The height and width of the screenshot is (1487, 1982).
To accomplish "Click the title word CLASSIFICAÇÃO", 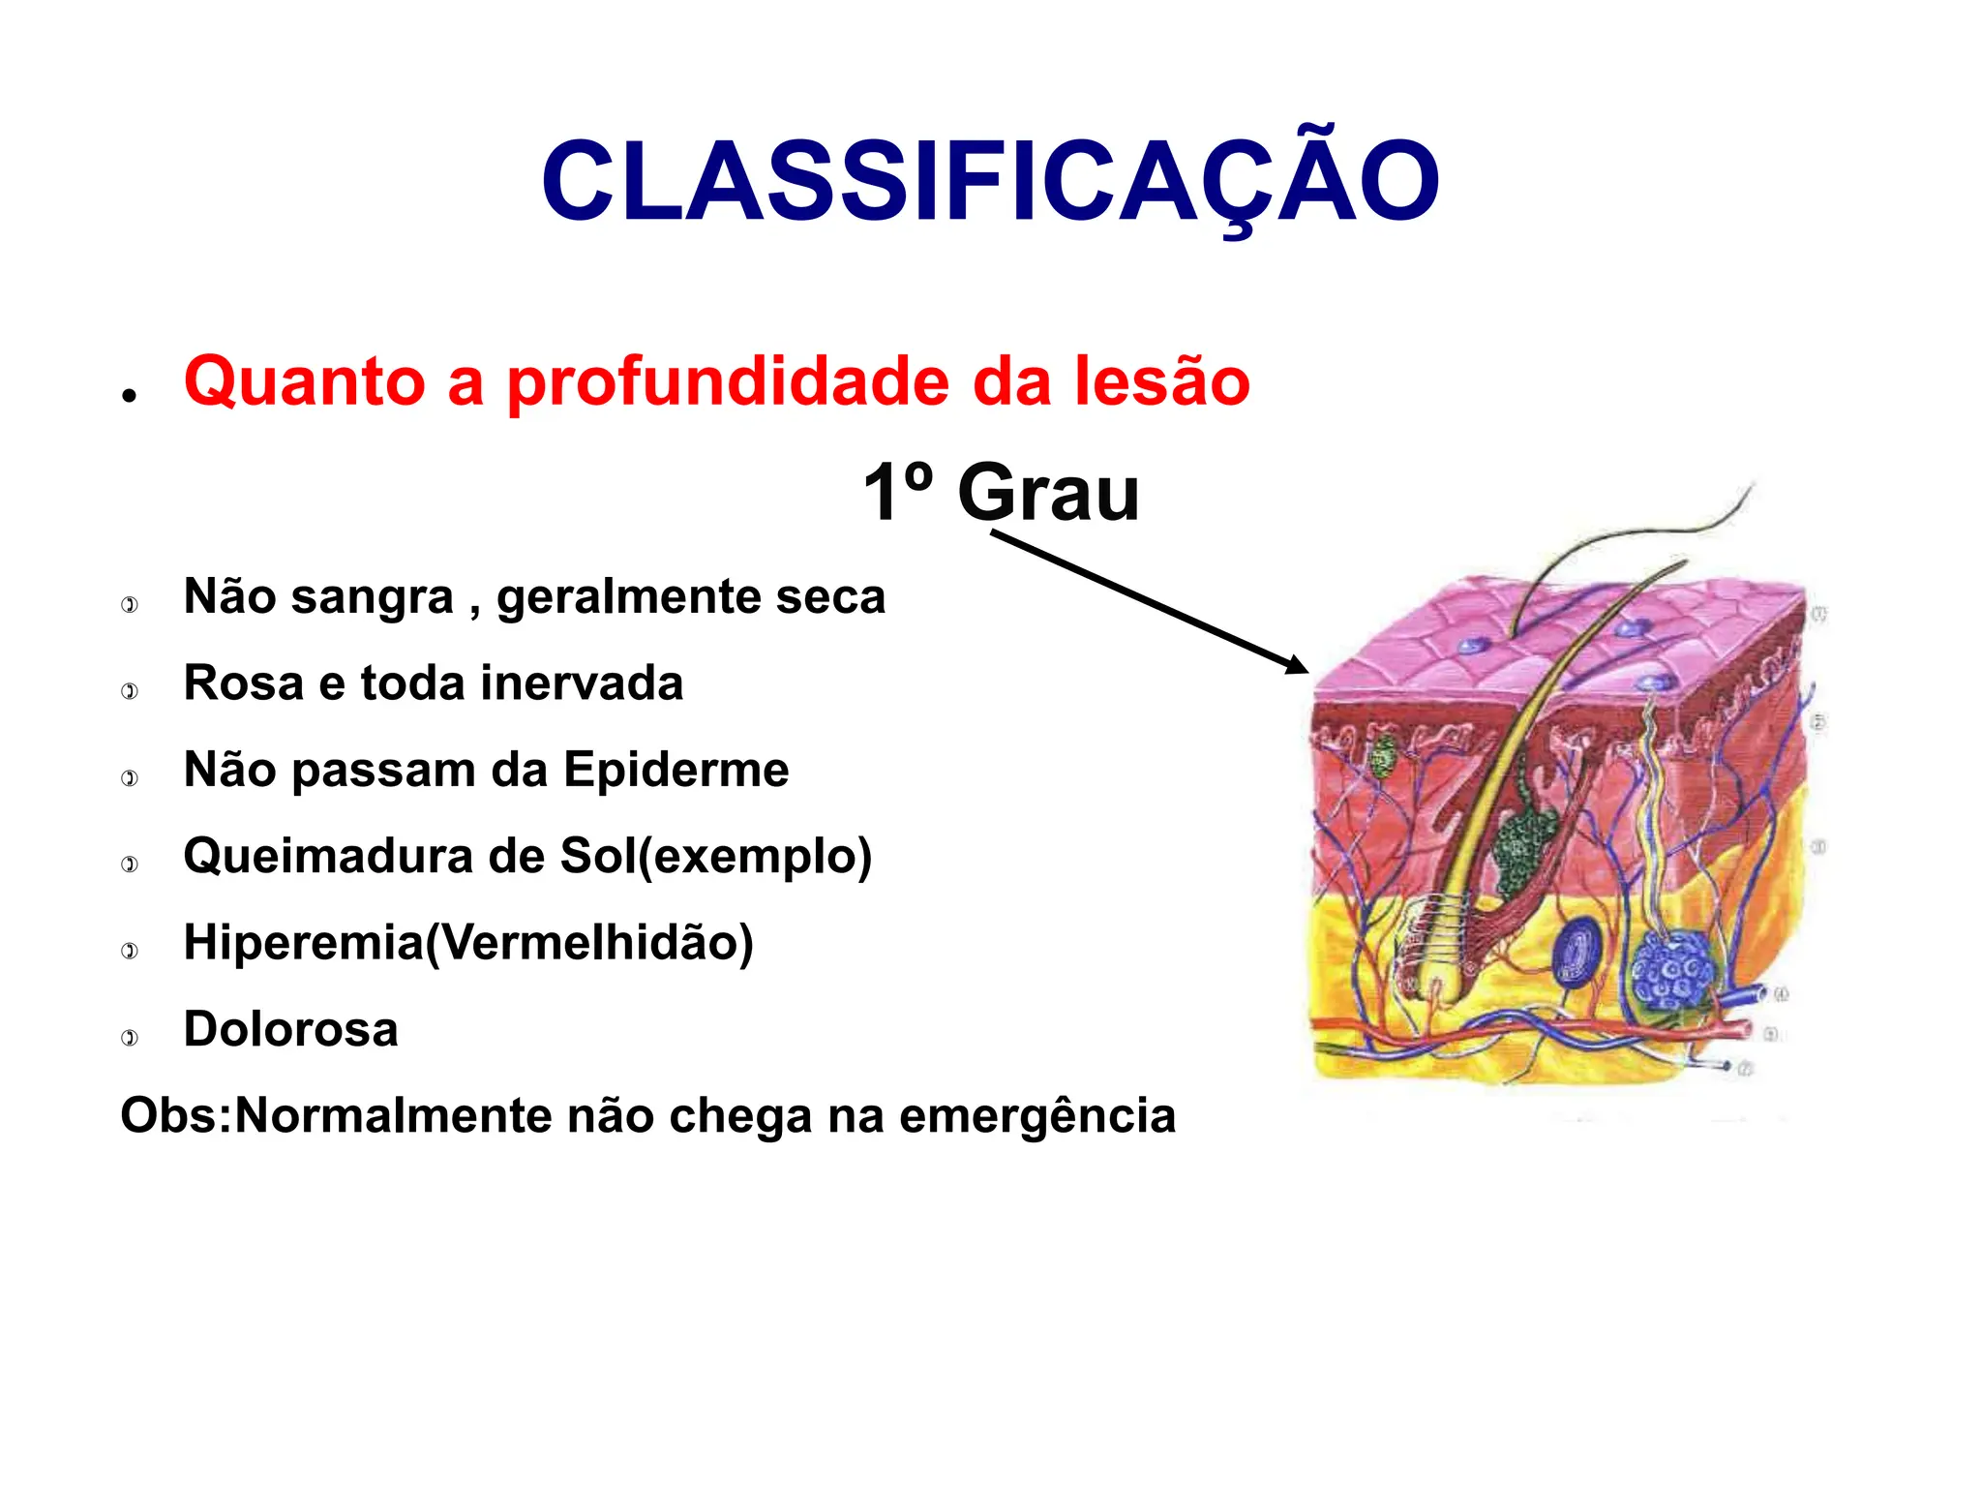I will pos(990,182).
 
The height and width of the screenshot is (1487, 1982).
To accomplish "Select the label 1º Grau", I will pos(1001,493).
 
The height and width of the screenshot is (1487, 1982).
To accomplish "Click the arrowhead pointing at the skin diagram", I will pos(1297,665).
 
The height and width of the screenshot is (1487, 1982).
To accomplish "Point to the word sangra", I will pos(372,596).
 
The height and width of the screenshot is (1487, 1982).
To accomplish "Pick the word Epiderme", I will pos(676,770).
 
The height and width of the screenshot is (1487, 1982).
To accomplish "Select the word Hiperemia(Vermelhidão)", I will pos(468,943).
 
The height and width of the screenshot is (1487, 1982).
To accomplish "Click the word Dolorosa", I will pos(290,1029).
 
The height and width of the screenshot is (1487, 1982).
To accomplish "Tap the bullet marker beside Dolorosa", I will pos(130,1038).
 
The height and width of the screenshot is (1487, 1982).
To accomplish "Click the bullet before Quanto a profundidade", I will pos(130,395).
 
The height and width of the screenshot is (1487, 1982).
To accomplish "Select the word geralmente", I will pos(628,596).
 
